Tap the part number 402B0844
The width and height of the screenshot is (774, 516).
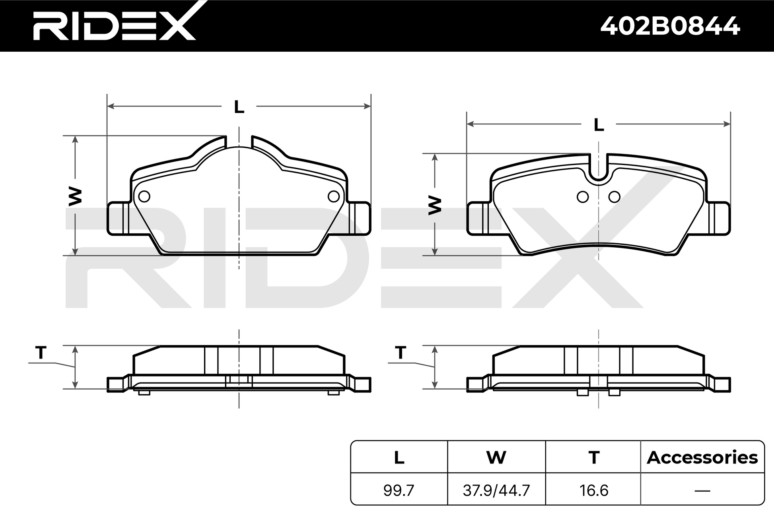tap(670, 26)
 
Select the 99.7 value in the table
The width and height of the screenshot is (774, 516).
tap(399, 491)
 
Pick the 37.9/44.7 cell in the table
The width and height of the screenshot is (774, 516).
tap(496, 491)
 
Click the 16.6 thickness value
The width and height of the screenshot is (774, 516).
tap(594, 491)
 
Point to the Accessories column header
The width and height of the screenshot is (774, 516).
tap(702, 458)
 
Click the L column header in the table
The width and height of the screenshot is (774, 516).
tap(399, 458)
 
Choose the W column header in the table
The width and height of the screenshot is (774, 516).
tap(496, 458)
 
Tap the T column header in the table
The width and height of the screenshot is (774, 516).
tap(594, 458)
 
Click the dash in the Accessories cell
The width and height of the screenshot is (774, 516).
tap(702, 491)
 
